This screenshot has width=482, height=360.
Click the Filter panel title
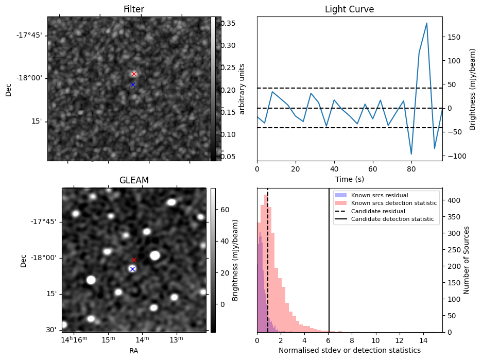point(133,10)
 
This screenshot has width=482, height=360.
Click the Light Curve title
point(349,10)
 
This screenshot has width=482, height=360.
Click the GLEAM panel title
point(133,180)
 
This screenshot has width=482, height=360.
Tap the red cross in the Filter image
point(134,74)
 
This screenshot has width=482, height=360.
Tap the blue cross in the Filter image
point(133,84)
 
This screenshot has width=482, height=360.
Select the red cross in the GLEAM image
point(134,260)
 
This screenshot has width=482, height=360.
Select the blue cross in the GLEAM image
point(132,269)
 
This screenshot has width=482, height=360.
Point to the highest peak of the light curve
point(427,23)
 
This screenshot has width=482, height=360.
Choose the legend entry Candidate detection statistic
point(392,219)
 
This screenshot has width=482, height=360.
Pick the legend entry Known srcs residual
point(379,195)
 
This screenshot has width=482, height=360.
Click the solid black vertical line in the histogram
point(329,258)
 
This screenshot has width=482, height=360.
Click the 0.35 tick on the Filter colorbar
point(229,23)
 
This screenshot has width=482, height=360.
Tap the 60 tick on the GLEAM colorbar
point(225,210)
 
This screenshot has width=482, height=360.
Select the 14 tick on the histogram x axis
point(423,340)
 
